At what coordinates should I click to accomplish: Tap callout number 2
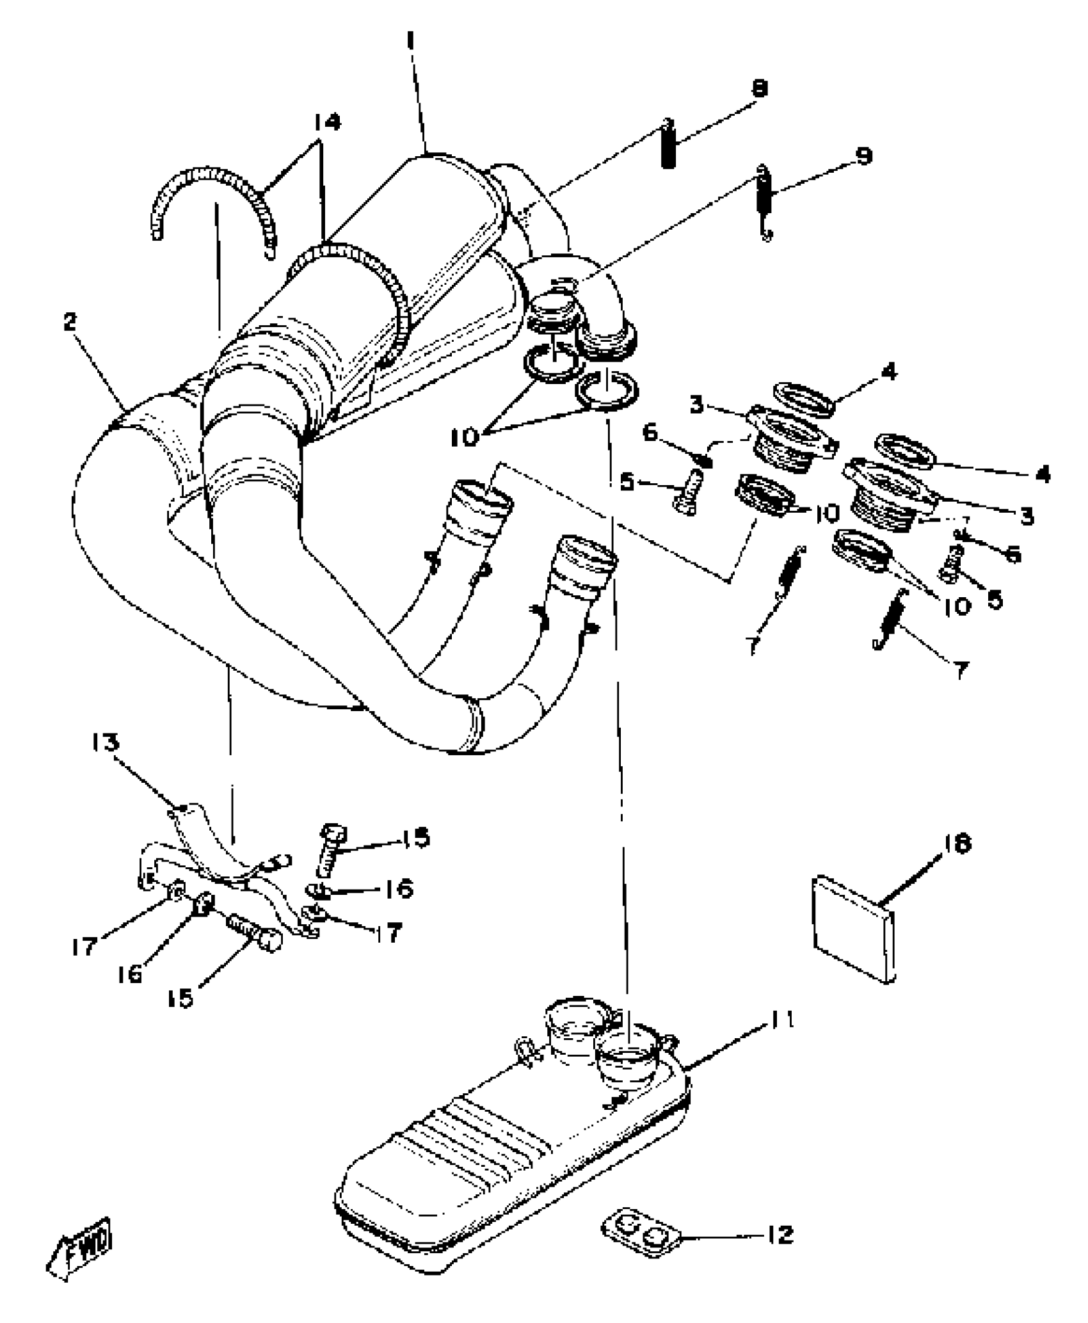[70, 323]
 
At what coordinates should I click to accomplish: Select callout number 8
[759, 88]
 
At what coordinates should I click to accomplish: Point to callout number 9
[864, 156]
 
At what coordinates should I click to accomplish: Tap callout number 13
[104, 742]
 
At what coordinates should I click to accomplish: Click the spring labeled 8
[668, 144]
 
